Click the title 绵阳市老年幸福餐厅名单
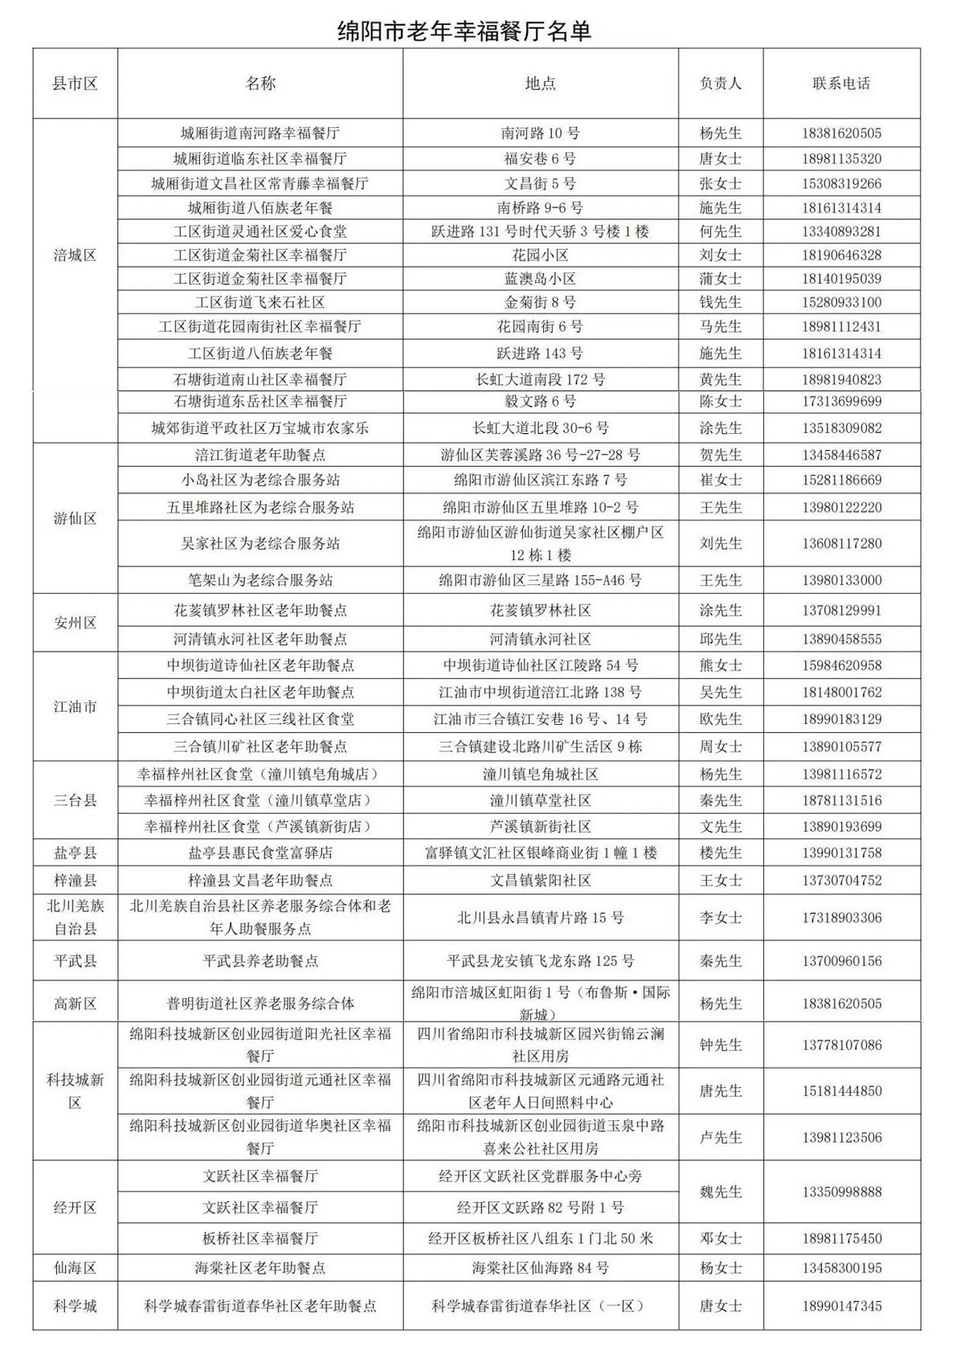point(464,31)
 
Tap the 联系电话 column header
point(841,84)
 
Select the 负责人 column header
point(721,84)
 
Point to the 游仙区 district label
point(75,518)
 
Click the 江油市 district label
point(75,706)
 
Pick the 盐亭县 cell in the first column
point(75,853)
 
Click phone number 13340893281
point(841,231)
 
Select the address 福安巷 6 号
point(540,158)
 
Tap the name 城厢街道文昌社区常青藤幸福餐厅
point(259,183)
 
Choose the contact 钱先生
point(721,303)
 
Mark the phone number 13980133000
point(841,579)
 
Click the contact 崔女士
point(721,480)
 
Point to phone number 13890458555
point(841,639)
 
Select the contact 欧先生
point(721,719)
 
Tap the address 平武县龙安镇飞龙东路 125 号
point(540,960)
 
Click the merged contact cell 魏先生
point(721,1192)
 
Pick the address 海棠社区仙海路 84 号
point(540,1268)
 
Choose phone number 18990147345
point(841,1306)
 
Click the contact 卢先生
point(721,1137)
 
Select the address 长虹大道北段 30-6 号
point(540,427)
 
